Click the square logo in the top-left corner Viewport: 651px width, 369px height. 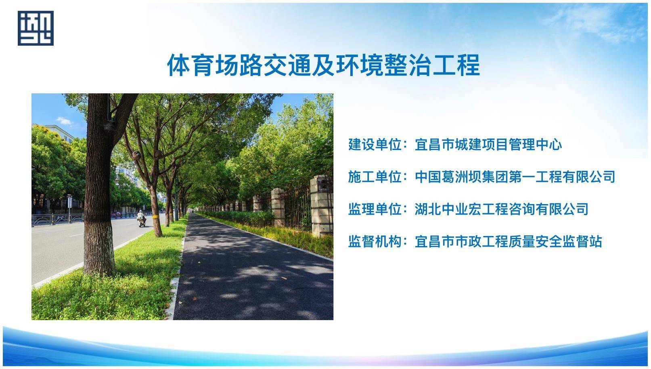(x=36, y=28)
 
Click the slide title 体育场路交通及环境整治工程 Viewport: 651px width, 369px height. (x=323, y=65)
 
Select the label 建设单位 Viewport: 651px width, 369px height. (x=375, y=144)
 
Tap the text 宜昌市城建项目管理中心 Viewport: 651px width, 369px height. (x=488, y=144)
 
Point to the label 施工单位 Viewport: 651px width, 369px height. (x=375, y=177)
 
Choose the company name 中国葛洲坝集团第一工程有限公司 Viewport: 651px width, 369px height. (x=515, y=177)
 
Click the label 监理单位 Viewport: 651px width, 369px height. (x=375, y=209)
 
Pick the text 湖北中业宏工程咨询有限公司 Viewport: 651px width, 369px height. (x=502, y=209)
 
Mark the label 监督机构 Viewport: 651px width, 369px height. (x=375, y=241)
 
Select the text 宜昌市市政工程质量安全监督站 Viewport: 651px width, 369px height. (x=508, y=241)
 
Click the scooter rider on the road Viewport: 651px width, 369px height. (x=141, y=218)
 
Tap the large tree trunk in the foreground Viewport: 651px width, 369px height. (x=99, y=186)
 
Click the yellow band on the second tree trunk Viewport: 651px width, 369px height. (x=155, y=217)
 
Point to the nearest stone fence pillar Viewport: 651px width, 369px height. (x=321, y=206)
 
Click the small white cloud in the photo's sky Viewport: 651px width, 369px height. (x=64, y=120)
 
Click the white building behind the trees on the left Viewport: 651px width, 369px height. (x=60, y=133)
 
